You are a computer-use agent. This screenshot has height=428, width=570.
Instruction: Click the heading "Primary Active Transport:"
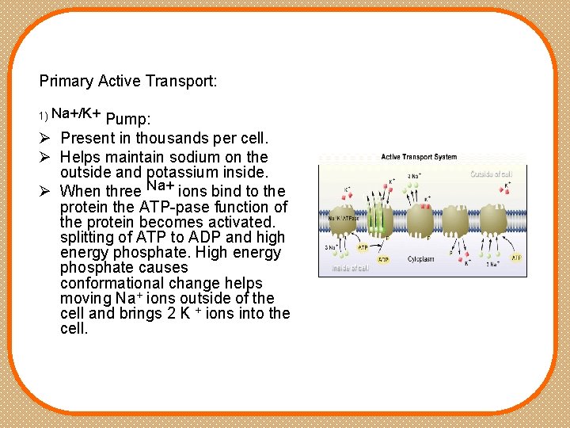[128, 81]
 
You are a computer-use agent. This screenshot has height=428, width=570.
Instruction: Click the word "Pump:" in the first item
[127, 120]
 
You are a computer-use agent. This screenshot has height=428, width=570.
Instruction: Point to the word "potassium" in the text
[180, 172]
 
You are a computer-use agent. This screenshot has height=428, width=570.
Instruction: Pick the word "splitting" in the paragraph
[87, 237]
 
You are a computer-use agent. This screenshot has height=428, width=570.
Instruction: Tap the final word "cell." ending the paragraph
[74, 327]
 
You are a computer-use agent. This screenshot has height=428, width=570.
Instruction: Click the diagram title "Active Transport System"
[419, 157]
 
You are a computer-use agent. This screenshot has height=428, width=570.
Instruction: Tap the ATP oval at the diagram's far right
[515, 258]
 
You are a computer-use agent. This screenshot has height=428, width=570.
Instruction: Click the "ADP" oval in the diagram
[382, 258]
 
